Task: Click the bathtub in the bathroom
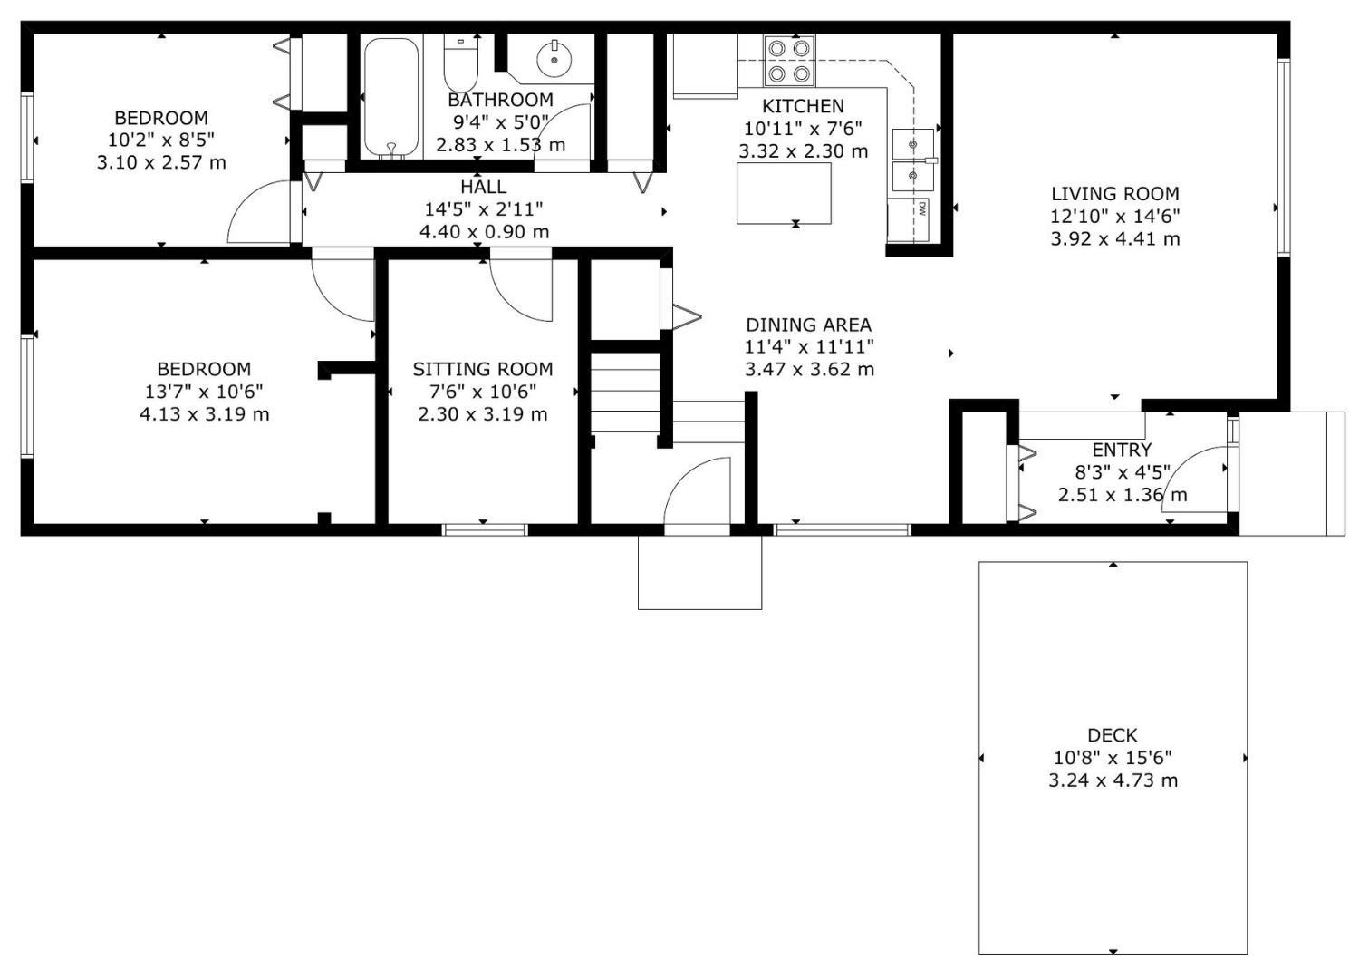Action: click(391, 98)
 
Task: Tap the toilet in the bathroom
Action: click(461, 63)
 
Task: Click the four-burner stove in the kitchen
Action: click(789, 61)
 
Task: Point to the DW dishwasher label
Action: click(921, 209)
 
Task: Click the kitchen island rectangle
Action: click(784, 193)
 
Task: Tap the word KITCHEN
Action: click(803, 106)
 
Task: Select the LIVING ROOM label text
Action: click(1115, 194)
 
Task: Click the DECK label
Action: click(1112, 735)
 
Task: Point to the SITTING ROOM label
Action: click(483, 369)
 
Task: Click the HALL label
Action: click(483, 187)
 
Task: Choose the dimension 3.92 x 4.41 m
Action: click(1115, 238)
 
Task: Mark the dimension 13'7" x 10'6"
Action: click(204, 392)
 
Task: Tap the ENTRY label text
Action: click(1122, 450)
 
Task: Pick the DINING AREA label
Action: click(809, 325)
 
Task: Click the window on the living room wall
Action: click(1283, 157)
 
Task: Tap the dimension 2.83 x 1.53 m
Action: click(500, 145)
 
